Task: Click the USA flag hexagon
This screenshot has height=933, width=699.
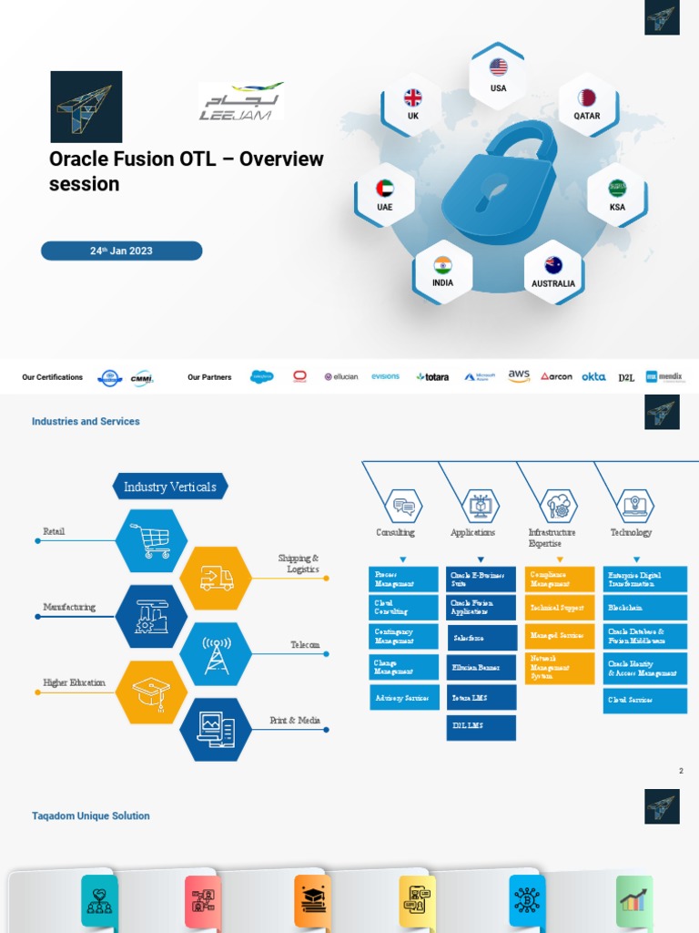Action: pos(498,74)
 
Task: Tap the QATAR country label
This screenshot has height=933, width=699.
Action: pos(586,116)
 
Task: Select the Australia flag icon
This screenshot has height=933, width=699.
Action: pos(553,265)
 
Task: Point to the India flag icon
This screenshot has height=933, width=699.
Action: pos(442,265)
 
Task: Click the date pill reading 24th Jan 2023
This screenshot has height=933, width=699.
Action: pos(121,251)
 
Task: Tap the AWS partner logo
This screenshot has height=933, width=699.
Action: pos(519,375)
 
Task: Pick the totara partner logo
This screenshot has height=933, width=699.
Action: pos(432,376)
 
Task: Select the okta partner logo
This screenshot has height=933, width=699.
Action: pos(593,376)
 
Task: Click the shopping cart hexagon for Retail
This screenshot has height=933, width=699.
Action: pos(151,540)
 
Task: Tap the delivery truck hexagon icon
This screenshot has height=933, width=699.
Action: pos(216,578)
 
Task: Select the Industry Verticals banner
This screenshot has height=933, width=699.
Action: pos(170,487)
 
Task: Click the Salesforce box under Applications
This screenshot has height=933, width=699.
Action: pos(481,638)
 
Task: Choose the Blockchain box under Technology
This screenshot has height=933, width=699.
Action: pos(644,607)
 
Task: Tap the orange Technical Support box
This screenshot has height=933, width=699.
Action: pos(559,607)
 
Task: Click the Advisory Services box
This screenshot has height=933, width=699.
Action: pos(403,697)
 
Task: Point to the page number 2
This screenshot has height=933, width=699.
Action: pos(680,771)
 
